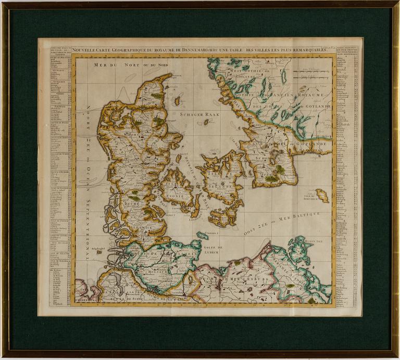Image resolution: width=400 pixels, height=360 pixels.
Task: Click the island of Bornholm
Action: tap(322, 196)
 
